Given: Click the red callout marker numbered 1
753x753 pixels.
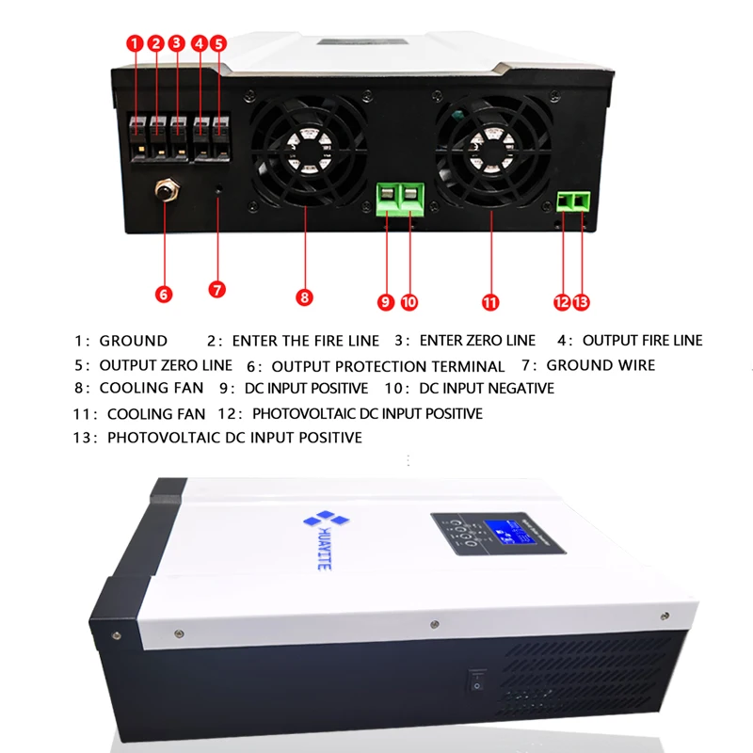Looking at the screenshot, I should click(135, 43).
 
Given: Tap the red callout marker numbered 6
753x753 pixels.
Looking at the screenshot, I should click(164, 295).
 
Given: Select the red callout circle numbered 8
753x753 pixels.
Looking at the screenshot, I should click(304, 297).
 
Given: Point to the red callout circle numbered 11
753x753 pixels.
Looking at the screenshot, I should click(489, 302).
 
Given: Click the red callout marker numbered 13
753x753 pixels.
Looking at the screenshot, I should click(581, 302).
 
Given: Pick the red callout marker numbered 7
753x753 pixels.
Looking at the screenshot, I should click(217, 289).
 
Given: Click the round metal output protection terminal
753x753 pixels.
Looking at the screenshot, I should click(166, 192).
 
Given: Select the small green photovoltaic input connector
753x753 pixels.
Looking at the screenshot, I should click(573, 200).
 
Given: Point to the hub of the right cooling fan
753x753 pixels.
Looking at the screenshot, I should click(490, 147).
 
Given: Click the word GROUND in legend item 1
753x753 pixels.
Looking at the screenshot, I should click(133, 341).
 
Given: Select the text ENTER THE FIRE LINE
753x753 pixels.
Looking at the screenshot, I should click(306, 341).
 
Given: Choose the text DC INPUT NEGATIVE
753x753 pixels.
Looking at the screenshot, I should click(487, 388).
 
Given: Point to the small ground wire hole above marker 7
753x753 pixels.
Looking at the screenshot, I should click(219, 192).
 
